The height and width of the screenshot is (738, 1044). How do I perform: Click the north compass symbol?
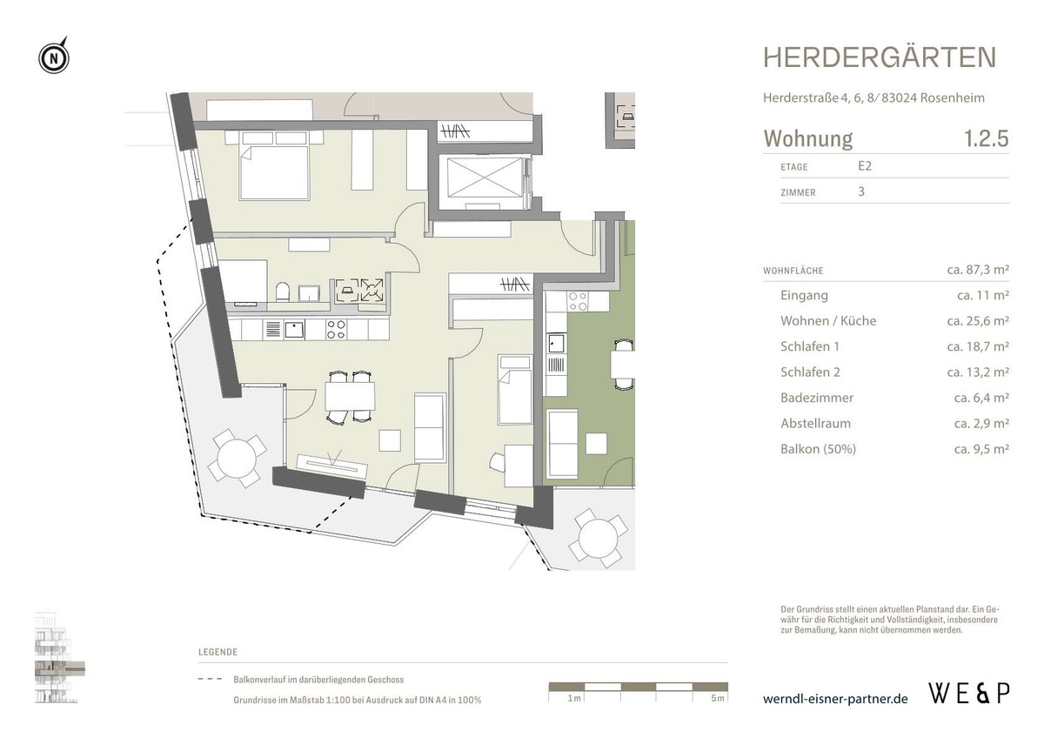point(54,58)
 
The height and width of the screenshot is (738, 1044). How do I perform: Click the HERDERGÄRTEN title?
point(880,57)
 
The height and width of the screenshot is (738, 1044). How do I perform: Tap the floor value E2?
point(865,166)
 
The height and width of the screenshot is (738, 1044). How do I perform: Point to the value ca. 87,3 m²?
point(977,271)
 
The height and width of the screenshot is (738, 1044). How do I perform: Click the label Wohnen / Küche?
point(828,321)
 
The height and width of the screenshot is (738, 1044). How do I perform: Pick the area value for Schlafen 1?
point(977,346)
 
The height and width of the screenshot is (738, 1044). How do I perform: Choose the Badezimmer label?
point(817,398)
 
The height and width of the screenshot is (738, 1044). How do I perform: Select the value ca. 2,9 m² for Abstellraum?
point(980,424)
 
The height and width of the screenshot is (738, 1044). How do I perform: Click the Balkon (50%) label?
point(819,449)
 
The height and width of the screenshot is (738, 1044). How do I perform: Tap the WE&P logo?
point(969,694)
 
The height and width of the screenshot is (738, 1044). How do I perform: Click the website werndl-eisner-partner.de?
point(835,699)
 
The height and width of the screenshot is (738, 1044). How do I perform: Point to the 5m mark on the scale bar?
point(715,699)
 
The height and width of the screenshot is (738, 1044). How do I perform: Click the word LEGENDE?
point(217,652)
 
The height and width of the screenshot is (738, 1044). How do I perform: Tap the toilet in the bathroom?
point(281,292)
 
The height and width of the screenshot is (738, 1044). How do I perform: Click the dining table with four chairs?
point(350,397)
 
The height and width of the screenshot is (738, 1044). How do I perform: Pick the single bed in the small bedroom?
point(514,391)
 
